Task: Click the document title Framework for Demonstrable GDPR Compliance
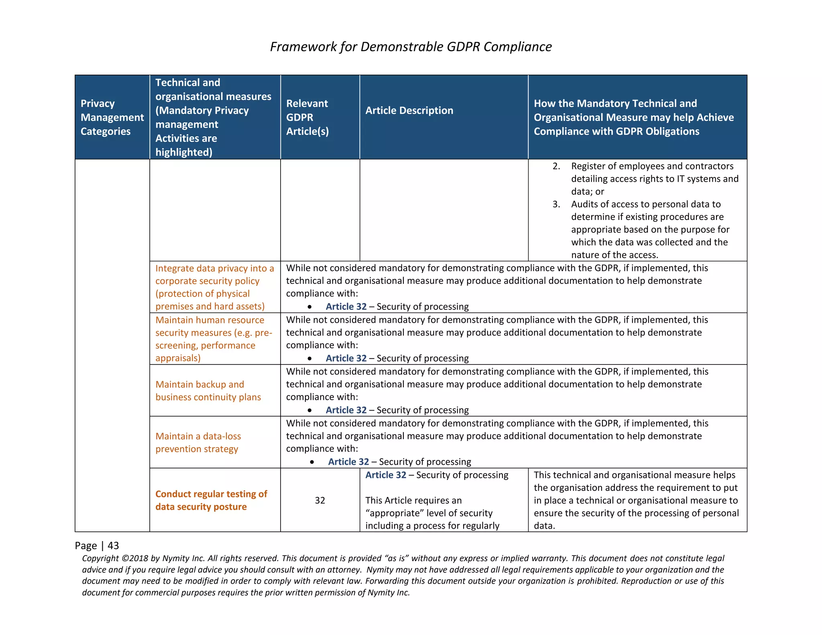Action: pos(411,47)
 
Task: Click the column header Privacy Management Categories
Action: pos(112,117)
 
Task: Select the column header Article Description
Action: pos(409,110)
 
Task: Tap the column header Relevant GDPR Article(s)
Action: pos(307,117)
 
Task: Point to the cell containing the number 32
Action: pos(320,500)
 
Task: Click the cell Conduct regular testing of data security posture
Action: pos(211,500)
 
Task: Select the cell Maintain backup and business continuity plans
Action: pos(208,391)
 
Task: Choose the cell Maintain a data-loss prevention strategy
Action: pos(198,442)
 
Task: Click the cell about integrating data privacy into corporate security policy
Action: pos(214,287)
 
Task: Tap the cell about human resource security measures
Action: pos(214,339)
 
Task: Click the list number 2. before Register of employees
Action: pos(556,166)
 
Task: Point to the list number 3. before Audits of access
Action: pos(556,204)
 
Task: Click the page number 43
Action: pos(113,545)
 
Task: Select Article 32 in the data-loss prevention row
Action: pos(348,462)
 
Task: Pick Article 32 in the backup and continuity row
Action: pos(346,410)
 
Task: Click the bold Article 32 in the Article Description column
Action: pos(386,475)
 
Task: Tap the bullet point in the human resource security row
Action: pos(309,358)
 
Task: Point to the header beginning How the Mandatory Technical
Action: pos(633,117)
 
